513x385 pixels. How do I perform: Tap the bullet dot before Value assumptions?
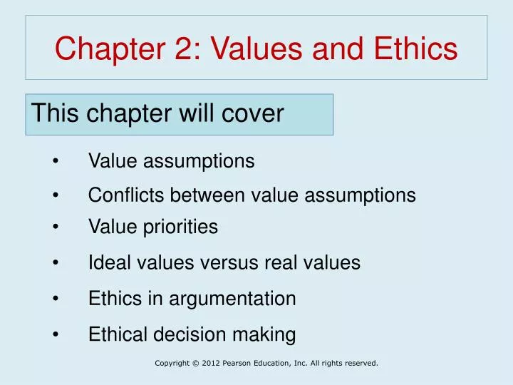pos(56,162)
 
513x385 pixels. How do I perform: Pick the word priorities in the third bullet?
pos(182,227)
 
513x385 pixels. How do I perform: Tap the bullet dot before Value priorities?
pos(56,227)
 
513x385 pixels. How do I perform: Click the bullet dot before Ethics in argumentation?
pos(56,299)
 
